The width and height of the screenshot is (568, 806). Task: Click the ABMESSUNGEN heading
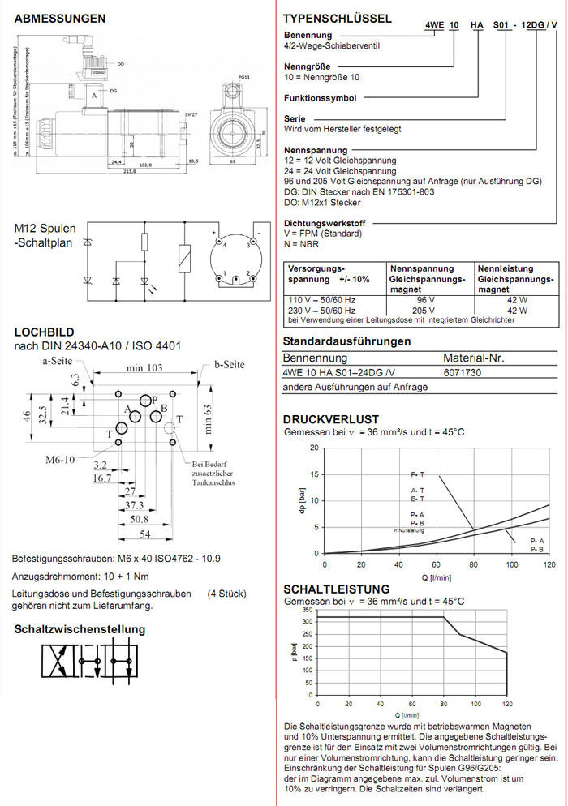[60, 18]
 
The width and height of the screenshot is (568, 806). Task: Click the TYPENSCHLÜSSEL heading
[337, 18]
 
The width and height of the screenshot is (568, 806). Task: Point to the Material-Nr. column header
[474, 358]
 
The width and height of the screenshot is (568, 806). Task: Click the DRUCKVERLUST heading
[330, 419]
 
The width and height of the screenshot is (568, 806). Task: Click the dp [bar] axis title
[302, 500]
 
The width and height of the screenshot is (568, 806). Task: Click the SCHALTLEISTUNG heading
[336, 589]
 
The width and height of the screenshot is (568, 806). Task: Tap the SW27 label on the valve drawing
[191, 115]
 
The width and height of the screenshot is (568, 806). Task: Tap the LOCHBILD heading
[44, 332]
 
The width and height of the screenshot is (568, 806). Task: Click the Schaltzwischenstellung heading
[80, 628]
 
